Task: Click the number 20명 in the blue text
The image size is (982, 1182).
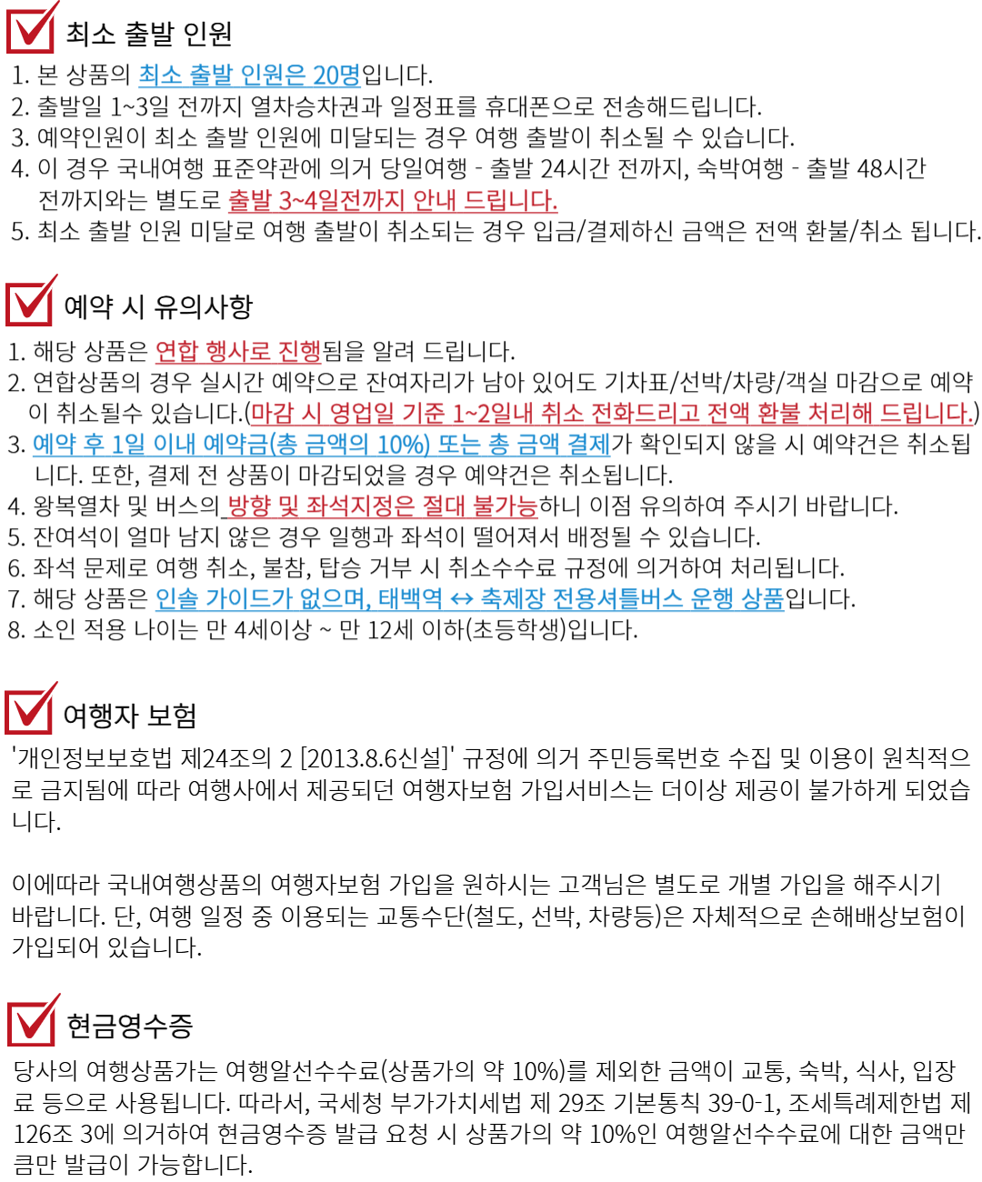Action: (336, 75)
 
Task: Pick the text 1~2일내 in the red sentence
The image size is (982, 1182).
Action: (492, 415)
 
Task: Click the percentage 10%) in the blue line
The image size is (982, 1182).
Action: (404, 446)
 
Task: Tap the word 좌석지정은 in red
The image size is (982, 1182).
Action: (360, 507)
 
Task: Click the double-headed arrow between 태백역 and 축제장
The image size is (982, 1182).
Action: (462, 600)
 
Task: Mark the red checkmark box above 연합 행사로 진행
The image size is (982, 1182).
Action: (31, 302)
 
